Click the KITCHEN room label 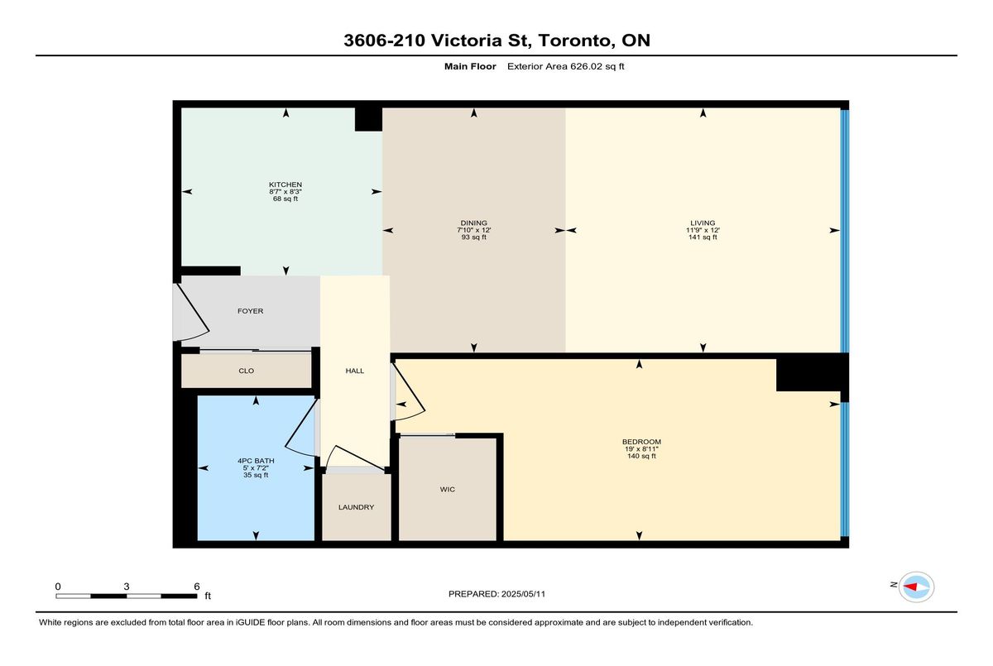click(x=285, y=184)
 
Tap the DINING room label click(x=473, y=223)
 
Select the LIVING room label click(x=703, y=223)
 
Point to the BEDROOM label click(x=641, y=442)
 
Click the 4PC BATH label click(x=256, y=461)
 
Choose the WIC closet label click(x=448, y=489)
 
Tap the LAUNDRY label click(x=356, y=507)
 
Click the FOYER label click(x=251, y=311)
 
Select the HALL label click(x=355, y=371)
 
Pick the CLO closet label click(x=246, y=371)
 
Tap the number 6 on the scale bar click(x=197, y=587)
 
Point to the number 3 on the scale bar click(x=127, y=587)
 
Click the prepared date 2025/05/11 click(x=523, y=594)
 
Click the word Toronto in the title click(x=576, y=41)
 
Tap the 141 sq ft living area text click(x=703, y=237)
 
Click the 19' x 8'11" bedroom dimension click(x=641, y=449)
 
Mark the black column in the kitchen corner click(x=368, y=120)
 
